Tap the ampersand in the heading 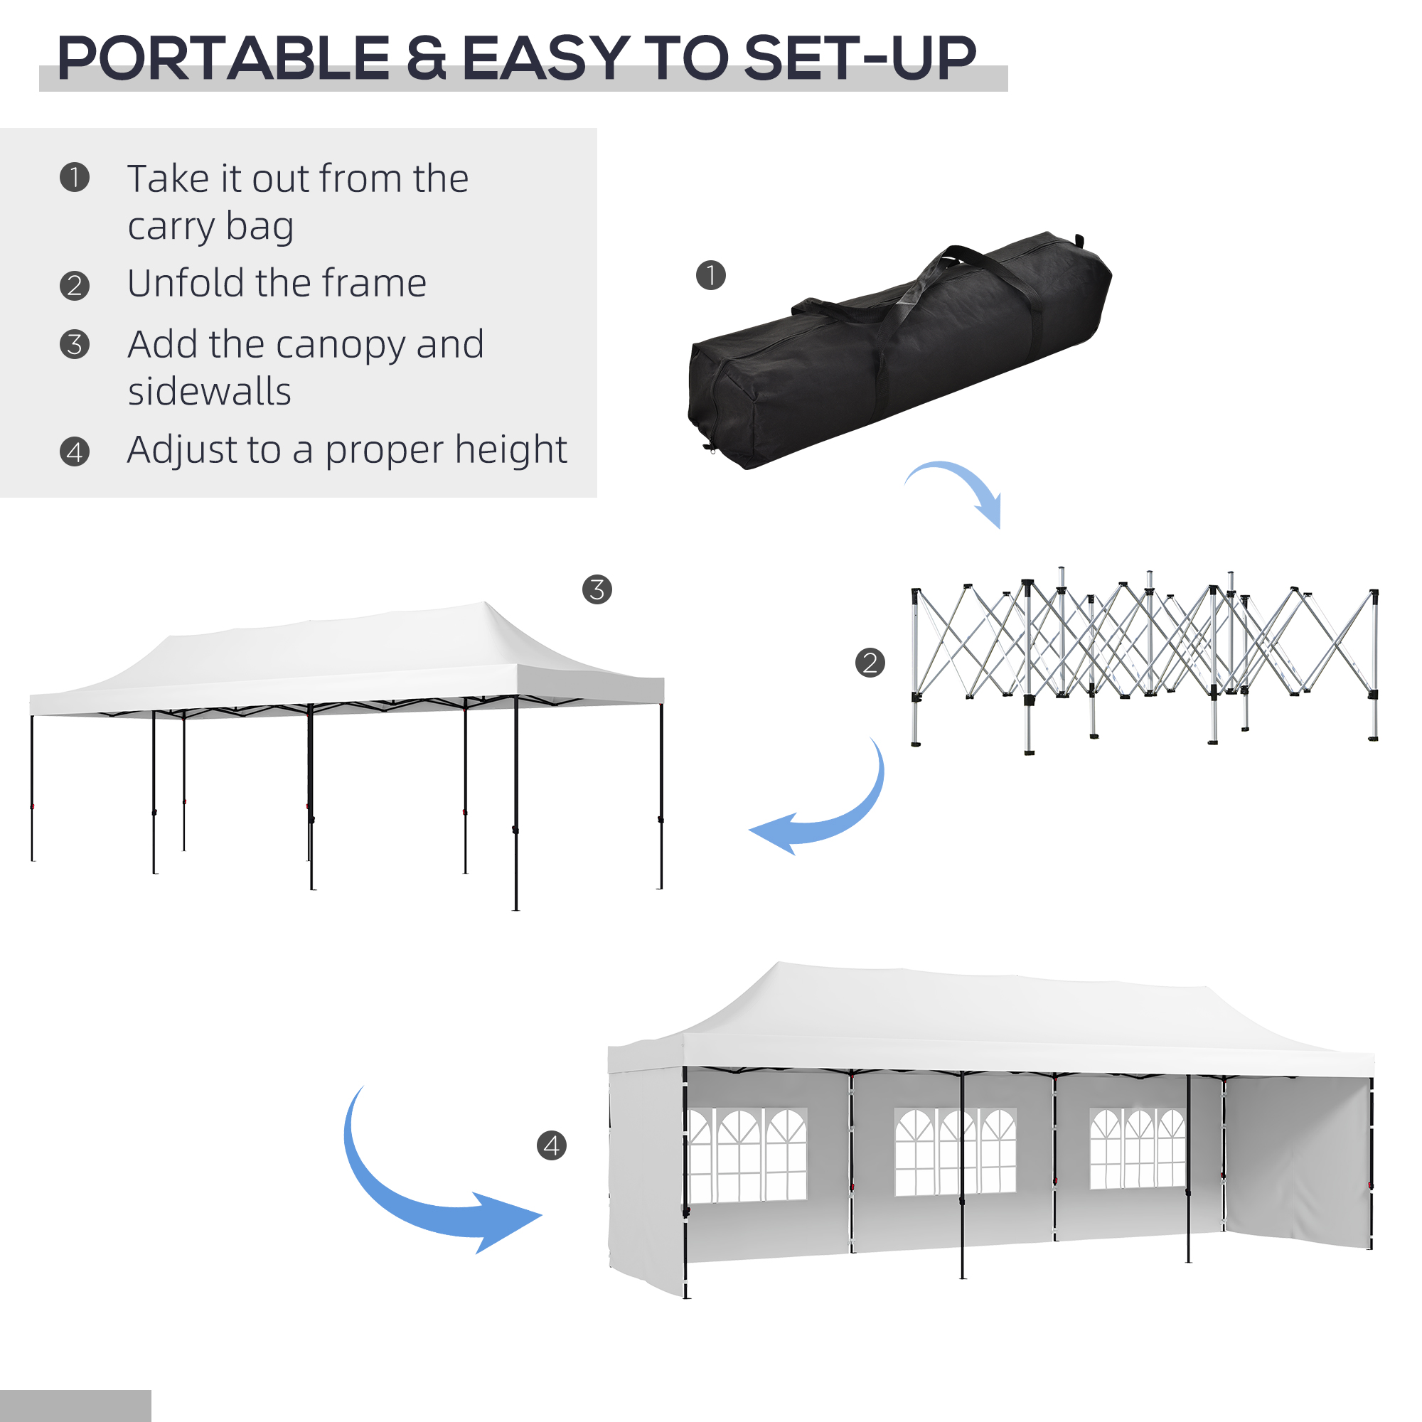[426, 59]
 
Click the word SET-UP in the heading [860, 59]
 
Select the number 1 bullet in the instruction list [75, 177]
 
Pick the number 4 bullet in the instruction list [75, 452]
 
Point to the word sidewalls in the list [210, 392]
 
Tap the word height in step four [519, 451]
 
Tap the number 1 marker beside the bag [710, 275]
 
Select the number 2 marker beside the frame [870, 663]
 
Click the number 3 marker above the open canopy [597, 589]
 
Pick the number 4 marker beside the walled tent [551, 1146]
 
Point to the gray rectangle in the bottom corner [75, 1405]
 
